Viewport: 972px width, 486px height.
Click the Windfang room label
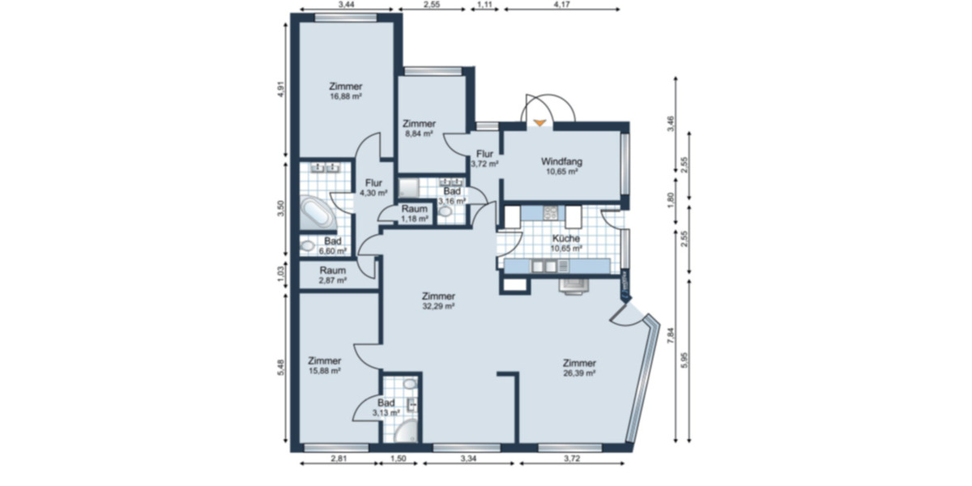tap(562, 161)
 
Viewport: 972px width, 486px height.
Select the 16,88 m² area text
tap(345, 96)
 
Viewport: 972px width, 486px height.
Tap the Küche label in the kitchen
tap(565, 239)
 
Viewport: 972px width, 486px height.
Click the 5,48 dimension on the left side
tap(280, 369)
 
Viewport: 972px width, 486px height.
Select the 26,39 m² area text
tap(580, 374)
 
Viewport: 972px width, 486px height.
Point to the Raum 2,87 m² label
tap(332, 275)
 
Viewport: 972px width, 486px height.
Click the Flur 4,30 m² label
tap(373, 188)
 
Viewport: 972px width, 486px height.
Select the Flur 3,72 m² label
tap(484, 158)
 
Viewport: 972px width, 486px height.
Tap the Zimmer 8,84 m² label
tap(419, 130)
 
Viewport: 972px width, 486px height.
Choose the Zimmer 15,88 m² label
tap(324, 366)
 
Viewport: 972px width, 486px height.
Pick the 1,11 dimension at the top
tap(485, 5)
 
